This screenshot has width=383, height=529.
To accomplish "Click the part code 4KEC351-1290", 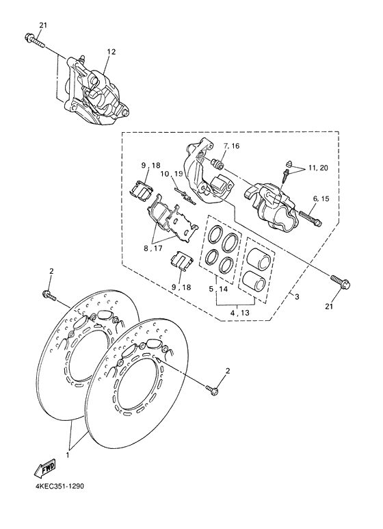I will pos(57,488).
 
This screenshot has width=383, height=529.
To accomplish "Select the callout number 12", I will pos(111,52).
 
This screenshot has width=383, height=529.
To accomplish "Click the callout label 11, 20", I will pos(318,168).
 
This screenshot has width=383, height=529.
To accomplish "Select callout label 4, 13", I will pos(239,313).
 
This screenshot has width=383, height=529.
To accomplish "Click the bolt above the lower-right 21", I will pos(339,281).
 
